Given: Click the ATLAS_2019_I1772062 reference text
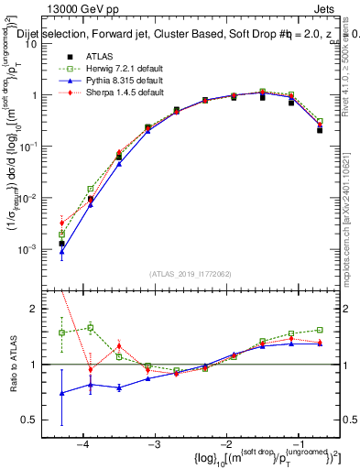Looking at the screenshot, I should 190,274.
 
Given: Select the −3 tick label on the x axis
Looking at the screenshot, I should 154,444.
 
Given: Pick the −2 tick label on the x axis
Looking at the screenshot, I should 225,444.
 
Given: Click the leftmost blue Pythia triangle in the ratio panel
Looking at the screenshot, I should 61,393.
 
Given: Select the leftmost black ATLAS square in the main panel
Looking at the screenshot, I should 61,244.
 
